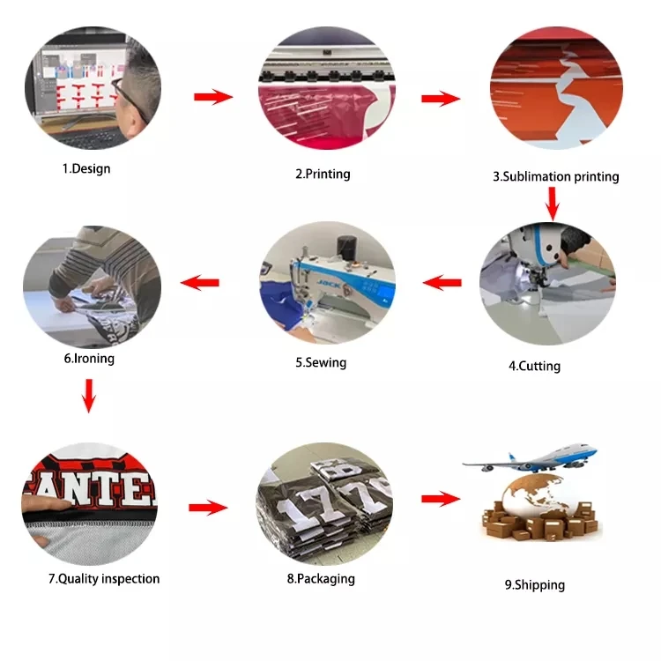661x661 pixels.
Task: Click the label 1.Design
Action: (x=86, y=168)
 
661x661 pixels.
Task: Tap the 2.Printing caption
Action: (x=323, y=174)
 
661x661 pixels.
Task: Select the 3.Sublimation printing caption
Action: (x=555, y=176)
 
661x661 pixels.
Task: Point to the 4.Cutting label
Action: (x=534, y=365)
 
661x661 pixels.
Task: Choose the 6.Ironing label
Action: (x=88, y=359)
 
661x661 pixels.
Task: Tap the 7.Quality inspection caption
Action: (x=104, y=579)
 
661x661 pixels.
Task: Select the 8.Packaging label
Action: (x=320, y=579)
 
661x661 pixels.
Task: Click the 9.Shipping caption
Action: (x=535, y=584)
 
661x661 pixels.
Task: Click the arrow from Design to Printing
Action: (x=213, y=96)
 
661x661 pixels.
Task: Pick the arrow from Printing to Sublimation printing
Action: (x=440, y=99)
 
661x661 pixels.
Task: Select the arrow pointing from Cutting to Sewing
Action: (x=442, y=283)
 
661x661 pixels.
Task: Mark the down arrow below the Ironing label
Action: (x=88, y=396)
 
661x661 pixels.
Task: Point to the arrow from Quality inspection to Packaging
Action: (x=208, y=507)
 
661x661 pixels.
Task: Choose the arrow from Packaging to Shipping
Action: (x=440, y=499)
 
